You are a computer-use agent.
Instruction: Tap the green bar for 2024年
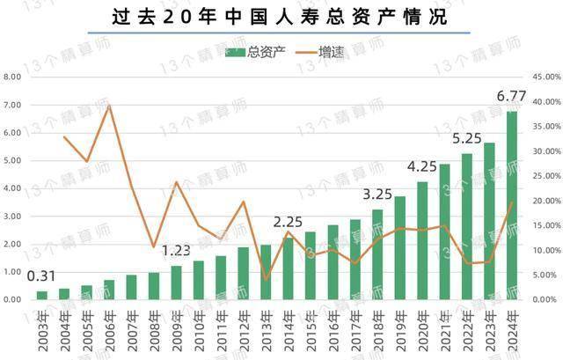coord(512,205)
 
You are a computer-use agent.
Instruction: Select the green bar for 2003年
coord(41,295)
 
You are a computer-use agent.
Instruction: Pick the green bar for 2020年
coord(422,240)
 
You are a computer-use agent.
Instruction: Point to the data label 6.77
coord(512,95)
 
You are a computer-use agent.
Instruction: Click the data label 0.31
coord(41,276)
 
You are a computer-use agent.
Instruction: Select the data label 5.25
coord(467,138)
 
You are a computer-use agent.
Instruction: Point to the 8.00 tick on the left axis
coord(13,77)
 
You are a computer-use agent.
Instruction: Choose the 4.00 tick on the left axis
coord(13,188)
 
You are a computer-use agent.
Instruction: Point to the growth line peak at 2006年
coord(108,106)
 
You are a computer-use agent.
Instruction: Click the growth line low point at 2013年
coord(266,280)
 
